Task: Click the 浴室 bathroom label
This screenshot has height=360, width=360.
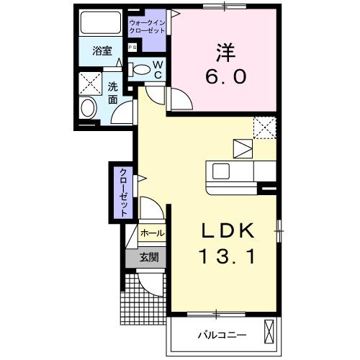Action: pos(102,51)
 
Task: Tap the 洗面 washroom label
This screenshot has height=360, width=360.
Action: pos(113,93)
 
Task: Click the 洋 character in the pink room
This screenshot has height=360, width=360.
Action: pos(223,52)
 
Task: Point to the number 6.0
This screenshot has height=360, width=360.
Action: pos(223,77)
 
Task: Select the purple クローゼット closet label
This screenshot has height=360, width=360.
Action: pos(123,192)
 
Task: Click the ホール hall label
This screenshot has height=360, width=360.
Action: pos(151,233)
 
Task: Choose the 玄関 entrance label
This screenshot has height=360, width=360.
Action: pos(149,257)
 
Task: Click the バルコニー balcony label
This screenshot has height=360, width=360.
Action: pos(222,336)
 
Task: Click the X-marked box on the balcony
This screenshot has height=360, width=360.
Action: pos(270,333)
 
